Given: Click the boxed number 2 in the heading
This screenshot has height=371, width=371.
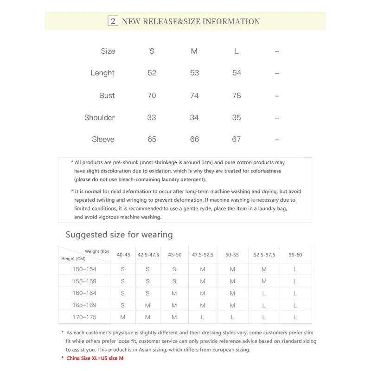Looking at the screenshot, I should pos(113,21).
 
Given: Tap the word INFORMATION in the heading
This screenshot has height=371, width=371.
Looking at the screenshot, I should pos(231,21).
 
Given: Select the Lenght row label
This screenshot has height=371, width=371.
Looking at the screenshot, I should pos(102,73).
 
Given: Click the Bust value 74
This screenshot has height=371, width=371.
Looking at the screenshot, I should pos(194,96).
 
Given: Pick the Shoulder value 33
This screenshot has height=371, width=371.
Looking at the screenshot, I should pos(152,118).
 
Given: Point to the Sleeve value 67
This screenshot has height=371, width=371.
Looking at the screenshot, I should pos(237,139).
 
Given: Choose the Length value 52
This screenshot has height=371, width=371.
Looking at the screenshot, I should pos(152,73).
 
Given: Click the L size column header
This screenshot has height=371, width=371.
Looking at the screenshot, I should pos(237,51).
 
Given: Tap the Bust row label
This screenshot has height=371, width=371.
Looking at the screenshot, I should pos(107,96).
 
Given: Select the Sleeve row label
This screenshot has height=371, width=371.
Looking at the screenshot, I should pos(103,139).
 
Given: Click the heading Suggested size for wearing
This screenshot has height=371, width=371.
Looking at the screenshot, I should pos(119,235).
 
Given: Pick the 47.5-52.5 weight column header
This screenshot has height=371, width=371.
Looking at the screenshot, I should pos(203,255).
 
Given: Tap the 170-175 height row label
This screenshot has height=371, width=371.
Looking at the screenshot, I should pos(84,317).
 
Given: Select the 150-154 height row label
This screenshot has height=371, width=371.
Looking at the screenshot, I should pos(84,269).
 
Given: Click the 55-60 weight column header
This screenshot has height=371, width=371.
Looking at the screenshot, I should pos(295,255).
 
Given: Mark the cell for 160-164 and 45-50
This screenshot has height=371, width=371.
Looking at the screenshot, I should pos(174,293).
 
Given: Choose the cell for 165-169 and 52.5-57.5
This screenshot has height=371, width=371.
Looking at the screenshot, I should pos(264,305).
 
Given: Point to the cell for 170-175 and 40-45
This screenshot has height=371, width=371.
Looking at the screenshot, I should pos(123,317).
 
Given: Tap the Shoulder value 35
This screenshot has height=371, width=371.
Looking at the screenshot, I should pos(237,118).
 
